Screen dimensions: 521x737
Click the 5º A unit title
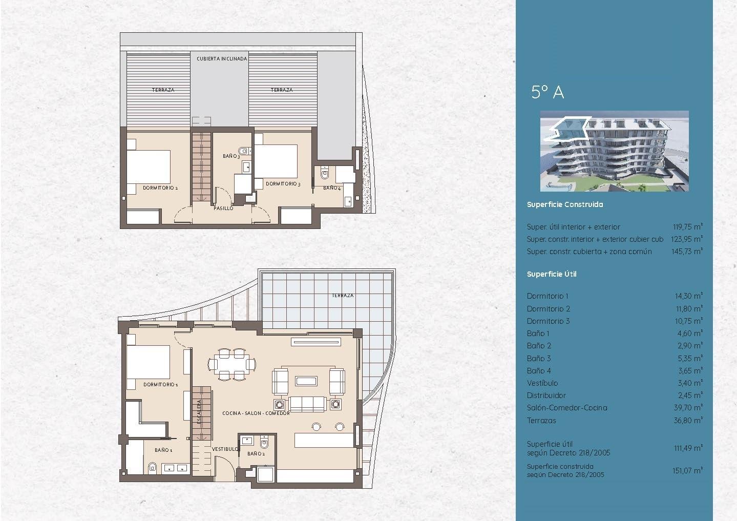(x=548, y=92)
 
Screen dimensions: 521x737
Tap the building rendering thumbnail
(x=614, y=151)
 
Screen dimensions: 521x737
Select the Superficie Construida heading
(x=564, y=204)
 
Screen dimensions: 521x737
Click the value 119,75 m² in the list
(x=687, y=227)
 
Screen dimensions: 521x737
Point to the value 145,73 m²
(x=687, y=252)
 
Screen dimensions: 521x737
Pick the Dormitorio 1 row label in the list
(x=548, y=296)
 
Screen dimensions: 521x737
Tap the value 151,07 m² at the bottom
(x=687, y=470)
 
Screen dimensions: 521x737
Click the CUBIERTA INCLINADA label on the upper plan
(x=222, y=59)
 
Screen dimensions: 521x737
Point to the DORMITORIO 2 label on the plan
(x=160, y=188)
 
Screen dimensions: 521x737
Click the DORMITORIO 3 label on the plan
(x=283, y=183)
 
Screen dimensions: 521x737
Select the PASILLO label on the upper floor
(x=223, y=209)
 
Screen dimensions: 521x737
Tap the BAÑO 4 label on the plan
(x=332, y=188)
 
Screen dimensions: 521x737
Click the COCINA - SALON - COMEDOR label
(x=256, y=413)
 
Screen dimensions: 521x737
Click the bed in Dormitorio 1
(x=149, y=363)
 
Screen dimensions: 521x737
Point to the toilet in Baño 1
(x=152, y=468)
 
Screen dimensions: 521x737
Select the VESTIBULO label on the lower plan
(x=225, y=449)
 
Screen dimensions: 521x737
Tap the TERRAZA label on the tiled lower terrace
(x=342, y=296)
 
